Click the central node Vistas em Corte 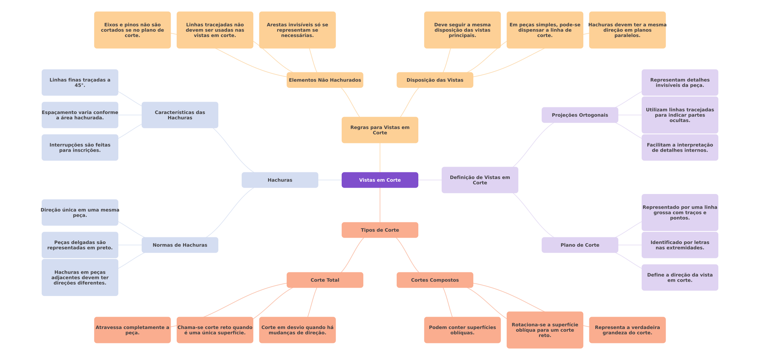pos(380,180)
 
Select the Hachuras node pos(280,180)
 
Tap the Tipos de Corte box pos(380,230)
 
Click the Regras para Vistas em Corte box pos(380,130)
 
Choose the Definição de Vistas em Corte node pos(480,180)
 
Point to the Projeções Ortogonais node pos(580,115)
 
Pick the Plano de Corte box pos(580,245)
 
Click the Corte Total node pos(325,280)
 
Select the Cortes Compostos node pos(435,280)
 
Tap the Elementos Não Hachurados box pos(325,80)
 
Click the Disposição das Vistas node pos(435,80)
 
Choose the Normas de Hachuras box pos(180,245)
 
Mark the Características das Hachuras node pos(180,115)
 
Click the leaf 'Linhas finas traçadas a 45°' pos(80,83)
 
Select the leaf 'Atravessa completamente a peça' pos(132,330)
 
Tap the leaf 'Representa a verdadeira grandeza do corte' pos(627,330)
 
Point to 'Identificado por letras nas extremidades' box pos(680,245)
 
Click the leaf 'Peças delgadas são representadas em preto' pos(80,245)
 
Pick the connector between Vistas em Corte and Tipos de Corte pos(380,205)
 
